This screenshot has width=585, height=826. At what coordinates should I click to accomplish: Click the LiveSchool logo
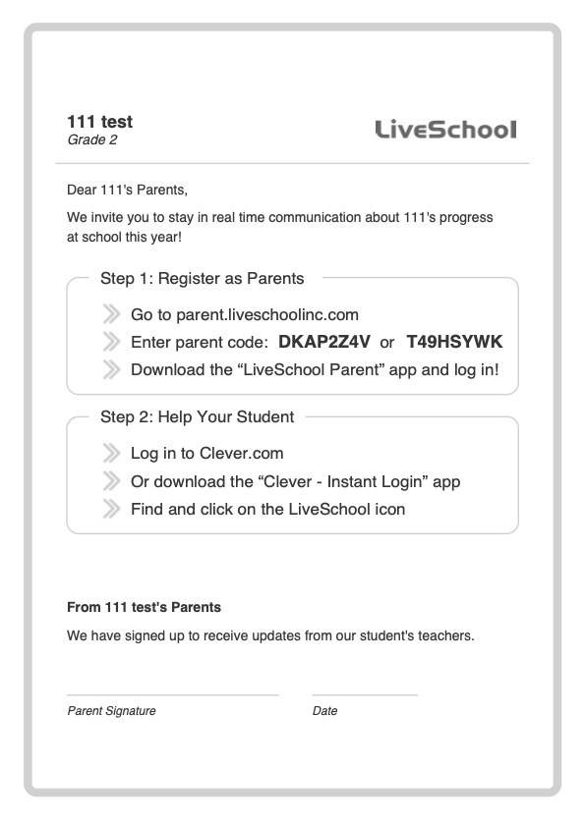445,130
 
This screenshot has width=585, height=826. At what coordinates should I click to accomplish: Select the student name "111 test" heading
99,122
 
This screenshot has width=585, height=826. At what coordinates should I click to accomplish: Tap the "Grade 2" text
91,139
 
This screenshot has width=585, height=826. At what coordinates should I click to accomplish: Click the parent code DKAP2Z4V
324,343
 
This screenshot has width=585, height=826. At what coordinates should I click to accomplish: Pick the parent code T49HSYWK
454,343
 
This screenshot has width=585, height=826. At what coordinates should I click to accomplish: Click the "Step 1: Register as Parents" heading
202,278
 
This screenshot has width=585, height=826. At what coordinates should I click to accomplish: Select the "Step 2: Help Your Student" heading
197,416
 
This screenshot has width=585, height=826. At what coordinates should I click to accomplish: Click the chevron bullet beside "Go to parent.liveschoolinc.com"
110,315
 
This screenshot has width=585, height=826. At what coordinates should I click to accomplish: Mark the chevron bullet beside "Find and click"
110,509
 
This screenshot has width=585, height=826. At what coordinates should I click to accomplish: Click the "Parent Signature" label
111,711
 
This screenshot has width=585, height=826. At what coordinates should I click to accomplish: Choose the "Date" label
324,711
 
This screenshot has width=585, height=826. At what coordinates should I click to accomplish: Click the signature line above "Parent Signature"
172,695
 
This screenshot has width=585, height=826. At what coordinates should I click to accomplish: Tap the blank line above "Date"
365,695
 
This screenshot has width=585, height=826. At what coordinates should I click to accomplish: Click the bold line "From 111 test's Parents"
144,607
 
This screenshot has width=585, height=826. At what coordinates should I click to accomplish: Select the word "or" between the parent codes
387,343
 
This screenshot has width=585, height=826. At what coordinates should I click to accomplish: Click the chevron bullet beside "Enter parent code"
110,343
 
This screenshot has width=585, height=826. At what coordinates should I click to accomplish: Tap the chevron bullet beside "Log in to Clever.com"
110,454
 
